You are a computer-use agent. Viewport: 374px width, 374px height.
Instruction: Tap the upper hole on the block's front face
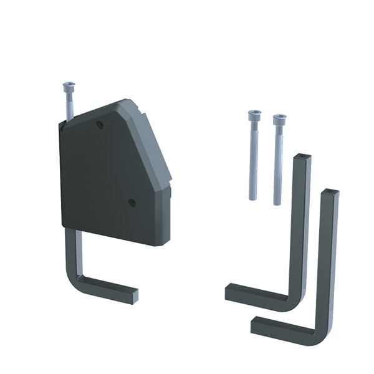[x=100, y=125]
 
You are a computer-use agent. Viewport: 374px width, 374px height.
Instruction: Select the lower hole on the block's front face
[x=132, y=202]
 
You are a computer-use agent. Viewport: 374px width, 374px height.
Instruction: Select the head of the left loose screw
[x=254, y=117]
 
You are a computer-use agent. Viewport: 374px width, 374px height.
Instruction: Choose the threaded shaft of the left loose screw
[x=254, y=162]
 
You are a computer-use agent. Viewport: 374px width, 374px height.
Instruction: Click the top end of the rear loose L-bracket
[x=302, y=156]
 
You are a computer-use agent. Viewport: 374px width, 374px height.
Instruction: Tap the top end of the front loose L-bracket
[x=330, y=191]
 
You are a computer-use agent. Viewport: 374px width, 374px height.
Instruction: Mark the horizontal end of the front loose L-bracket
[x=257, y=324]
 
